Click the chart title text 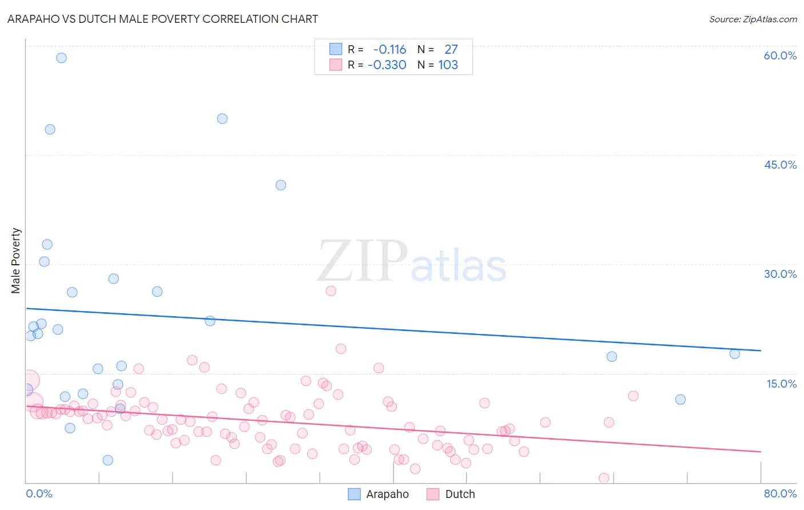162,19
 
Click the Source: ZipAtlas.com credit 753,19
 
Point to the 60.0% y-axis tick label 780,55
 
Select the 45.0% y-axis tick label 780,165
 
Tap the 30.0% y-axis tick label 780,274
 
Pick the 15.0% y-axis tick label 781,384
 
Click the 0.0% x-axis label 39,493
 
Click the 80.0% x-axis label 780,493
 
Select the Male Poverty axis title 16,261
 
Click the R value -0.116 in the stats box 389,50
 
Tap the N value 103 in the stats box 448,65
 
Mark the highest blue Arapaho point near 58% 61,58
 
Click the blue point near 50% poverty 222,119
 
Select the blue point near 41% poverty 281,185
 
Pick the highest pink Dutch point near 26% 331,291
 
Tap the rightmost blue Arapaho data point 735,354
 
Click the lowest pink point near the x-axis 604,478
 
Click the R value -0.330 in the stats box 387,65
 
